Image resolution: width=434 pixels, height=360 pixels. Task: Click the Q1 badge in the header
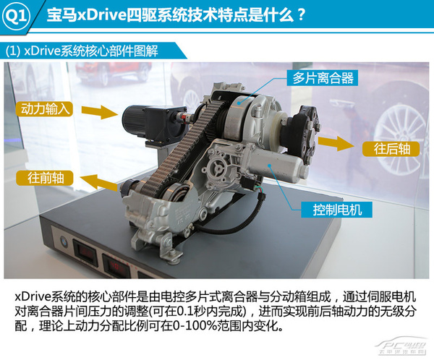tap(17, 16)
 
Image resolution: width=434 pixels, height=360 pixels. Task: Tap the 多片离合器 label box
tap(322, 78)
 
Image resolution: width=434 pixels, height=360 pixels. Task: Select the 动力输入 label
tap(45, 108)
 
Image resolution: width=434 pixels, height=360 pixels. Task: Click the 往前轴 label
tap(45, 178)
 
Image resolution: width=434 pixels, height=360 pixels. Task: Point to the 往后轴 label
tap(391, 149)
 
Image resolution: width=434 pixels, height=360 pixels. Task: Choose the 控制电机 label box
tap(336, 210)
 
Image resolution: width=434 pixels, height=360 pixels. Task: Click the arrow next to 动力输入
tap(100, 111)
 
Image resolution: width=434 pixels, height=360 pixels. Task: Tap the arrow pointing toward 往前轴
tap(99, 182)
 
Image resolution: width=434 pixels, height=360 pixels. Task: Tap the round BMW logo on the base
tap(64, 241)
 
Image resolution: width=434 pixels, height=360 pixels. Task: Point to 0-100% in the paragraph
tap(195, 326)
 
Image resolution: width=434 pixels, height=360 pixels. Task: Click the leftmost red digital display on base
tap(84, 249)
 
